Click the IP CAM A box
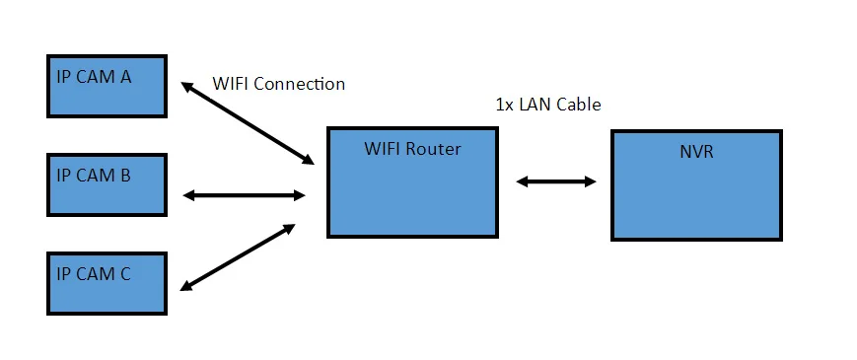107,87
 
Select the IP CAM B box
107,185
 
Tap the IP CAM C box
107,283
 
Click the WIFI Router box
412,182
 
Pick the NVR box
696,185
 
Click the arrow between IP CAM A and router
248,123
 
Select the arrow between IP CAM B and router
244,195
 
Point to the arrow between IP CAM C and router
238,256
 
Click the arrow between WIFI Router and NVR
556,181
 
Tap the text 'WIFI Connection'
279,84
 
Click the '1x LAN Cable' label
548,105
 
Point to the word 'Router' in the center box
436,149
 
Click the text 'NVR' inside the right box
696,151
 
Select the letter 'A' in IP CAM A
125,77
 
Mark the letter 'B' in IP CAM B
124,176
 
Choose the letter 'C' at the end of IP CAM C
124,273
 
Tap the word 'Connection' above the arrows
300,84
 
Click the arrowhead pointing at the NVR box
591,181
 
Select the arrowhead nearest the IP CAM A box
187,87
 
